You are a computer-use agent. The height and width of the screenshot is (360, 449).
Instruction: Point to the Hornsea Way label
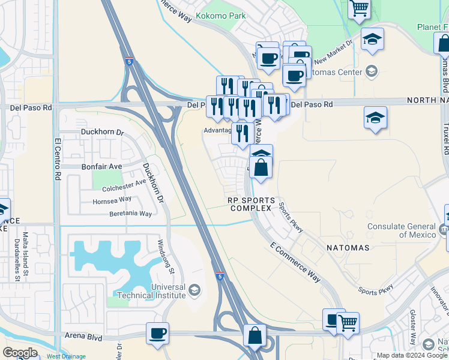click(x=112, y=199)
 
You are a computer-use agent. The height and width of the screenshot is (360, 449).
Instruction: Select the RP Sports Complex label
click(x=251, y=204)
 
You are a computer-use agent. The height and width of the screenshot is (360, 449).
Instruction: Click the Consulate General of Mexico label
click(x=402, y=230)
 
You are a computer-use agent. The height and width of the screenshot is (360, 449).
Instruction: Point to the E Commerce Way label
click(x=296, y=262)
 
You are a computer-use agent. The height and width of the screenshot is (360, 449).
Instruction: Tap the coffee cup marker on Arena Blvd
click(x=157, y=333)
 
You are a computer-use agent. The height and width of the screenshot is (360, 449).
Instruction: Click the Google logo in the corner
click(x=20, y=352)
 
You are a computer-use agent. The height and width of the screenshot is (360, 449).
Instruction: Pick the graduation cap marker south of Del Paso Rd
click(x=375, y=118)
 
